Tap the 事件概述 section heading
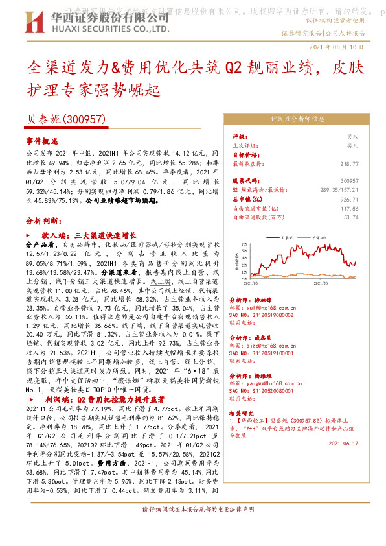point(42,140)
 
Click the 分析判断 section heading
point(42,220)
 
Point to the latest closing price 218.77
point(348,165)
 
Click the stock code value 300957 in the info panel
point(348,180)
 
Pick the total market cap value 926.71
point(348,200)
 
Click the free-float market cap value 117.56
point(348,209)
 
